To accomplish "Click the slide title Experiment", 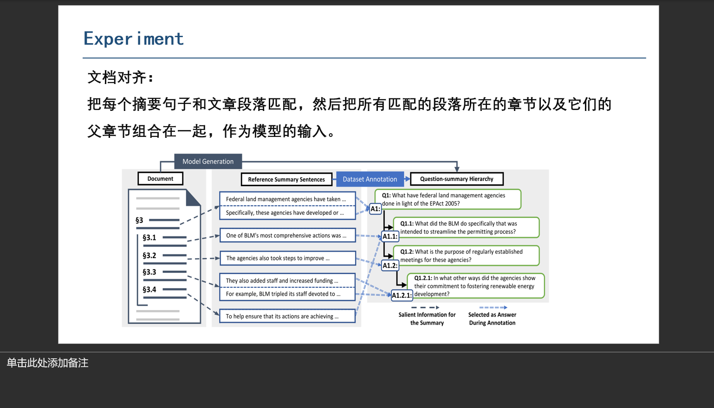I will pyautogui.click(x=133, y=39).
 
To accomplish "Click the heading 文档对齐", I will pyautogui.click(x=120, y=77).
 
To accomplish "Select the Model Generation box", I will pyautogui.click(x=208, y=162).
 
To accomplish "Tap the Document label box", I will pyautogui.click(x=160, y=179).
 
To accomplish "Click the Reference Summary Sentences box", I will pyautogui.click(x=286, y=180).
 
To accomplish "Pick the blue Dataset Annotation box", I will pyautogui.click(x=370, y=179).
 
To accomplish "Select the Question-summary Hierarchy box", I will pyautogui.click(x=456, y=179).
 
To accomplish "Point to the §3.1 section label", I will pyautogui.click(x=149, y=238).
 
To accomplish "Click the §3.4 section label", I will pyautogui.click(x=149, y=290).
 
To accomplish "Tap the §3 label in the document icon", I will pyautogui.click(x=139, y=220).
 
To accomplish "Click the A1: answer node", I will pyautogui.click(x=375, y=209).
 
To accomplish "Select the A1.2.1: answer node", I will pyautogui.click(x=402, y=295).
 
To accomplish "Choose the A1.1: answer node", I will pyautogui.click(x=390, y=237).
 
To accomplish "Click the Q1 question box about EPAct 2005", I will pyautogui.click(x=448, y=200).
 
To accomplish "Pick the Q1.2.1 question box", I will pyautogui.click(x=475, y=286).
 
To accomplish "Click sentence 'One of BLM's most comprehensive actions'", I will pyautogui.click(x=287, y=236).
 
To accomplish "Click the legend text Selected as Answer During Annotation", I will pyautogui.click(x=492, y=319).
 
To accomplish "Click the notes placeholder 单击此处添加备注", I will pyautogui.click(x=47, y=363).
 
